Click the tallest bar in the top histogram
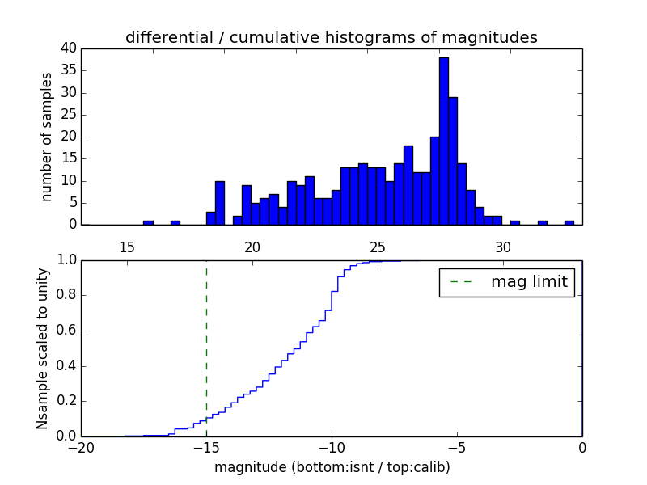point(443,141)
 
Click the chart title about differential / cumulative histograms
point(332,38)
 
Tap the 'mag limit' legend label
point(529,282)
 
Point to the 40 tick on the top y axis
point(69,48)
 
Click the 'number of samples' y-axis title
point(47,137)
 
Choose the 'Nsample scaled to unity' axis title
point(42,348)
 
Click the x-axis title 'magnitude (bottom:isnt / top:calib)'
point(332,467)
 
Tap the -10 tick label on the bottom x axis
point(332,447)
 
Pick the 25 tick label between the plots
point(378,247)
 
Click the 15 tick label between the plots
point(127,247)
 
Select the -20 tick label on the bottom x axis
point(81,447)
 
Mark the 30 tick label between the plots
point(503,247)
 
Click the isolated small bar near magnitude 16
point(148,222)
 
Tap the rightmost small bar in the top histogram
point(569,222)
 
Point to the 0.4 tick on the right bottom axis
point(581,366)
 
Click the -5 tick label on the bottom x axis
point(457,447)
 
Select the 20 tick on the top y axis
point(69,137)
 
